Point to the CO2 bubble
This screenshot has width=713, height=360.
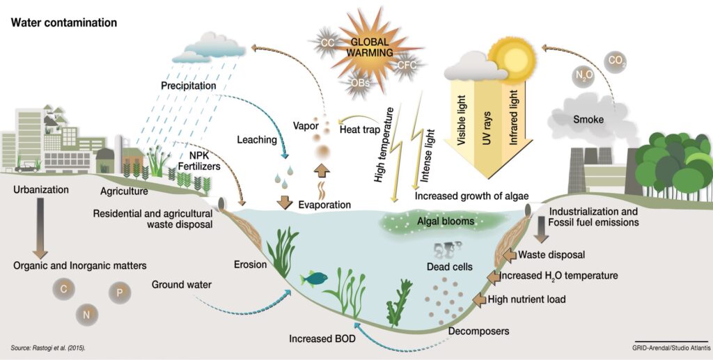pyautogui.click(x=616, y=61)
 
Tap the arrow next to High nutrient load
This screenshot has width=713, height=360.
pyautogui.click(x=480, y=299)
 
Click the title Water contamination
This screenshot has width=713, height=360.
pyautogui.click(x=63, y=22)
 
